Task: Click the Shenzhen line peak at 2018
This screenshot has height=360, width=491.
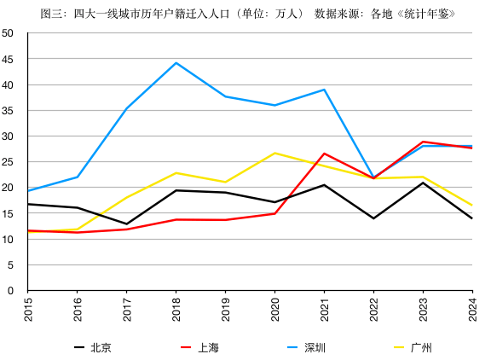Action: point(176,63)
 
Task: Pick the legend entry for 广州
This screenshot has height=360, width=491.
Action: point(421,347)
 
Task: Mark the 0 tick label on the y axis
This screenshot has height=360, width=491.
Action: point(10,290)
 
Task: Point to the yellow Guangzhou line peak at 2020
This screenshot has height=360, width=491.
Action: point(274,153)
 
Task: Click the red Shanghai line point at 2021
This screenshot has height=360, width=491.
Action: point(324,154)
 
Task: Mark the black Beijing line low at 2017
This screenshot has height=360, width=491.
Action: point(126,224)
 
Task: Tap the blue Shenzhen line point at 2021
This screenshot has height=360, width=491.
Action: point(324,90)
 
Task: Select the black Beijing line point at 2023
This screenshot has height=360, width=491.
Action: point(423,183)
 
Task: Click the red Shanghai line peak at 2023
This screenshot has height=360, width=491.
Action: point(423,142)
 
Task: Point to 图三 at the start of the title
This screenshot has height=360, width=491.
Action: point(50,14)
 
